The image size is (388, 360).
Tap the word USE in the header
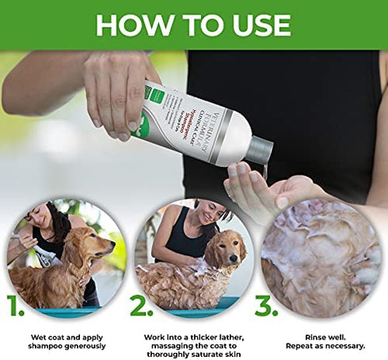point(261,24)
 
